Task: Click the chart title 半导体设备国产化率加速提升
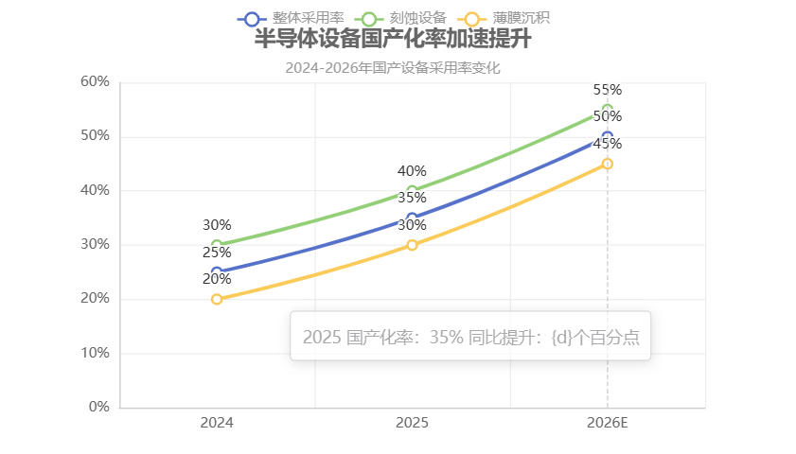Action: point(393,41)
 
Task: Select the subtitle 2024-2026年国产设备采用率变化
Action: point(393,68)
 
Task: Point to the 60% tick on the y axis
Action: point(96,81)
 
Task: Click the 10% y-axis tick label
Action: point(96,353)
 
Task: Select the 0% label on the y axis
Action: point(99,407)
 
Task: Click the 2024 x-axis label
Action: point(217,423)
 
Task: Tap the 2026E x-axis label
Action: point(607,423)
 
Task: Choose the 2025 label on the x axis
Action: point(412,423)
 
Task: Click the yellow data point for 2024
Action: point(217,299)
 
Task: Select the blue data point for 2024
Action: point(217,272)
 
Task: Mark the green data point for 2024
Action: point(217,245)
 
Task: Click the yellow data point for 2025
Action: point(412,245)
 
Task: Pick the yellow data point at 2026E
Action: point(608,164)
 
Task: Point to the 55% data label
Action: point(608,90)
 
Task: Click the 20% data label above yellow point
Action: point(217,279)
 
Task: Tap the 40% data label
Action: point(412,171)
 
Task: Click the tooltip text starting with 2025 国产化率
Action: point(470,338)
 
